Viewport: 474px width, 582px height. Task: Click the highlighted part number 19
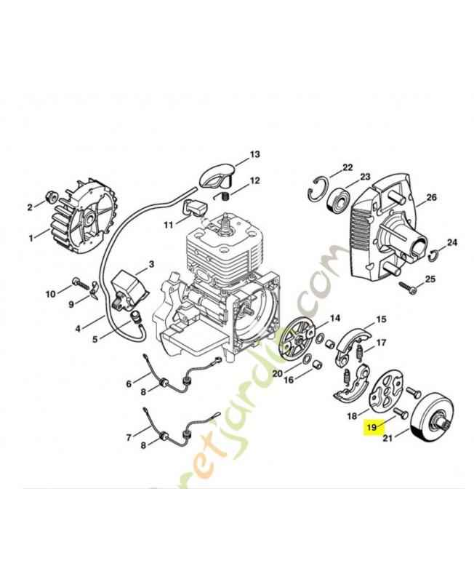click(372, 427)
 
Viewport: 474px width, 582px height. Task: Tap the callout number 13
click(254, 155)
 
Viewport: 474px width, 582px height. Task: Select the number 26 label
click(431, 197)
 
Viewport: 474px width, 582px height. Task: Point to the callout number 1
click(31, 237)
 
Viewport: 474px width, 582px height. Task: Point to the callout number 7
click(129, 437)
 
